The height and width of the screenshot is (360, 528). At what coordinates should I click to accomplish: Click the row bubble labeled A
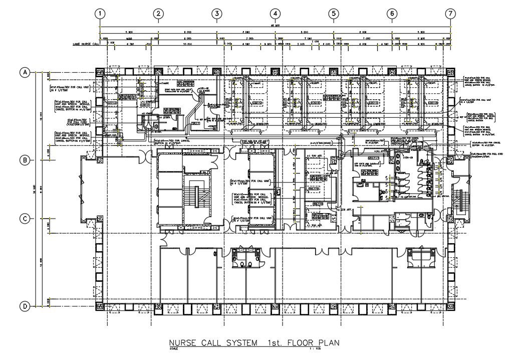point(24,73)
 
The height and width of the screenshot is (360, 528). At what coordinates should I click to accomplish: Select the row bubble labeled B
point(24,160)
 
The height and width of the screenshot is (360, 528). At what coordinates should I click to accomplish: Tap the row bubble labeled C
point(24,219)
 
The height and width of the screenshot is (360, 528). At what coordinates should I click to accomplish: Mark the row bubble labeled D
point(24,306)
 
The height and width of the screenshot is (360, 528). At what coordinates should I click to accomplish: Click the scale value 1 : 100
point(315,349)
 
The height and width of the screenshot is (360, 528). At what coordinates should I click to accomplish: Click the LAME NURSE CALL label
point(86,44)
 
